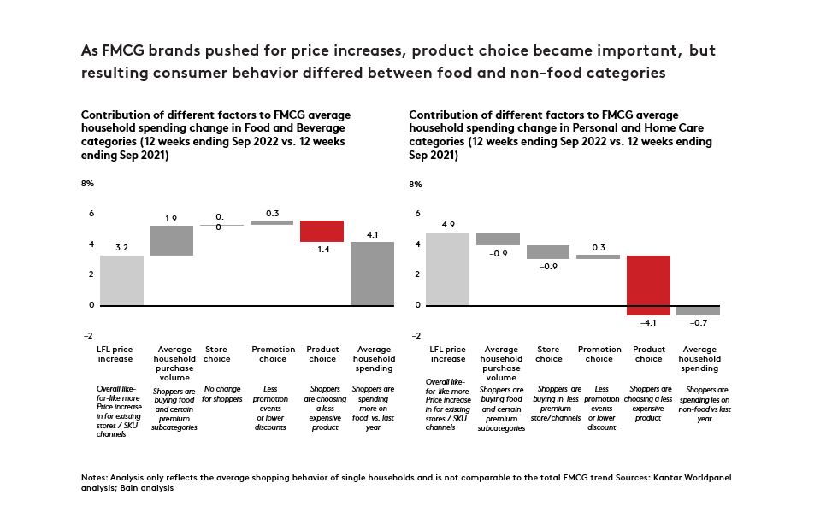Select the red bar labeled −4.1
(648, 285)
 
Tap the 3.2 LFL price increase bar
(121, 280)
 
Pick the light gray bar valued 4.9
(447, 268)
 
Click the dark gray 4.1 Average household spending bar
(373, 273)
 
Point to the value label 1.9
(171, 219)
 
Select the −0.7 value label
(698, 322)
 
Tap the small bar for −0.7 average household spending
(698, 309)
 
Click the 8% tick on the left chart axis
(87, 184)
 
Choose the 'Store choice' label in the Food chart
(217, 354)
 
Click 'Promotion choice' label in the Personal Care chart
(599, 354)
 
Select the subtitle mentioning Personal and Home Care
(561, 135)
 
